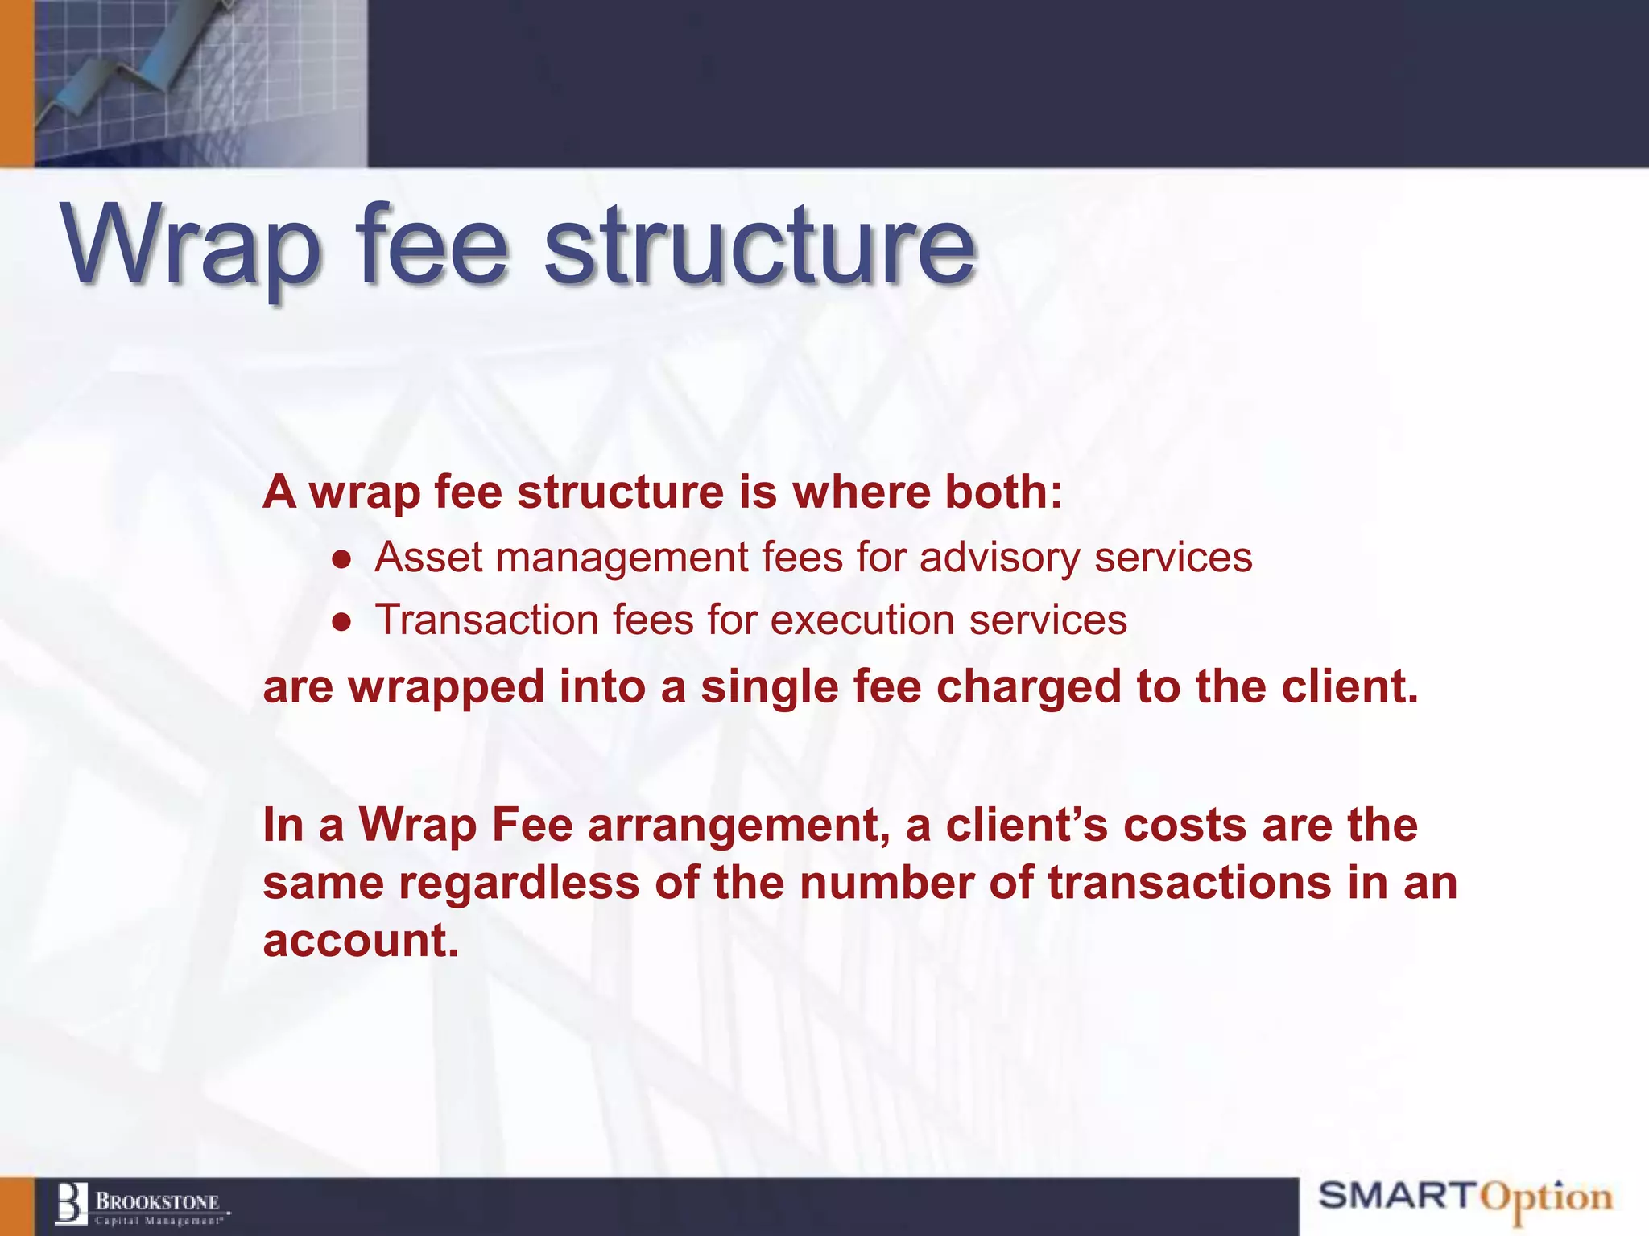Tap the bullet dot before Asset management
pos(343,559)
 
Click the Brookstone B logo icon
pos(71,1204)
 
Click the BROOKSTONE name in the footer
pos(158,1202)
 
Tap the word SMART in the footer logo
pos(1397,1196)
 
